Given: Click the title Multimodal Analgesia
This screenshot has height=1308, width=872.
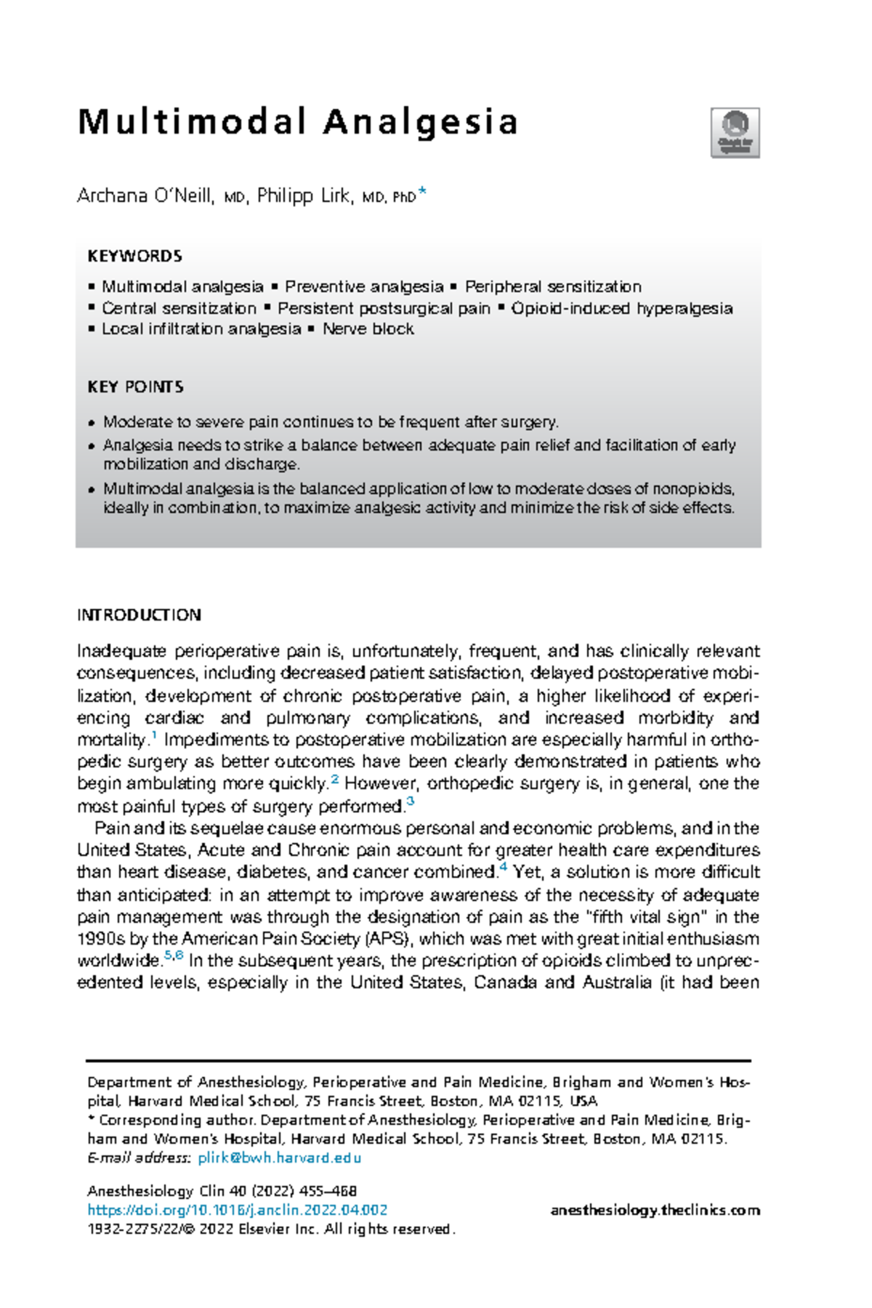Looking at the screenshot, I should click(297, 122).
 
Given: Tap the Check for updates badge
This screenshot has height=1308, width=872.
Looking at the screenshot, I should click(735, 132).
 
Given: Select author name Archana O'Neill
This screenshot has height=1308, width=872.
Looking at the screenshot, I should click(145, 196).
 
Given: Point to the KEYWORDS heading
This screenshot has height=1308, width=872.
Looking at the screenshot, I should click(134, 257).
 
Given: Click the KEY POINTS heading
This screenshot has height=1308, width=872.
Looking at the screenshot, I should click(135, 387).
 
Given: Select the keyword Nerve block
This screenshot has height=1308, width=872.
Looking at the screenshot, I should click(368, 329).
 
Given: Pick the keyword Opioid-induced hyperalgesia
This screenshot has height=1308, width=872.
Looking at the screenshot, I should click(621, 308).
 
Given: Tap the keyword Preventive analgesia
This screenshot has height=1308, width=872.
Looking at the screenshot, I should click(363, 287).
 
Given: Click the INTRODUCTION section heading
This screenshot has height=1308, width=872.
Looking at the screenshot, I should click(139, 615).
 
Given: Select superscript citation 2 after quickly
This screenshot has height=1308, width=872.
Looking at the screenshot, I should click(335, 780).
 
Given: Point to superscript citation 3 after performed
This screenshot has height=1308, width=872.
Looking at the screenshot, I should click(411, 802).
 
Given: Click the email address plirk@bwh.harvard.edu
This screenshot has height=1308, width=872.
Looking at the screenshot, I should click(279, 1158).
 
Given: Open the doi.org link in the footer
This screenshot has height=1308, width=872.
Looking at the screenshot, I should click(237, 1210).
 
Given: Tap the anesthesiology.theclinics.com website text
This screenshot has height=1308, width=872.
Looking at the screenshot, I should click(655, 1210).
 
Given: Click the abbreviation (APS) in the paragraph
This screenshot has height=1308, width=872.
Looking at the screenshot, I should click(389, 939).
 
